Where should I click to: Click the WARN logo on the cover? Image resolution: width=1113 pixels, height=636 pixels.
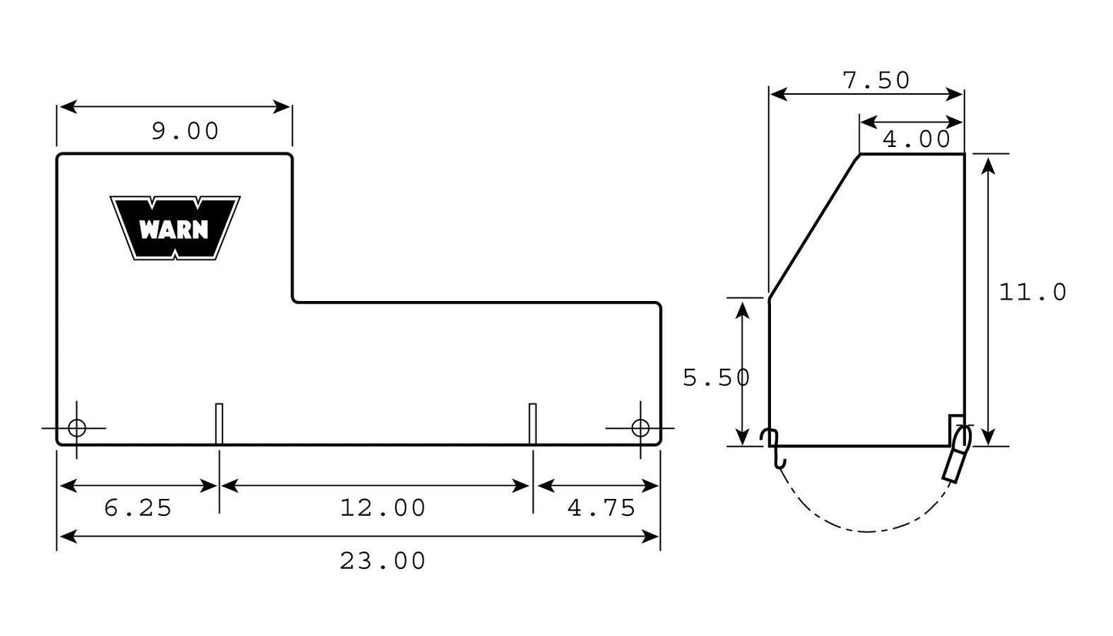click(175, 228)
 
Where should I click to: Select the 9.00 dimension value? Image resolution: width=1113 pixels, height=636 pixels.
click(186, 132)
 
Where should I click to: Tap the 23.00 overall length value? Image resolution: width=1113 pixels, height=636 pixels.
click(383, 561)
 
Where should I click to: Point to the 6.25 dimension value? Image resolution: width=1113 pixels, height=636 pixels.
click(138, 508)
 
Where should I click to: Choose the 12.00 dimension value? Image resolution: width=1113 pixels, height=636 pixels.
click(383, 508)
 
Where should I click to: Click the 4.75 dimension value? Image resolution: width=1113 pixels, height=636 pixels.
click(602, 508)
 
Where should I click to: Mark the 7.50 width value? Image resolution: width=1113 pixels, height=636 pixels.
click(876, 81)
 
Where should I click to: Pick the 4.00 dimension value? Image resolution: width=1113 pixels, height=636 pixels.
click(917, 139)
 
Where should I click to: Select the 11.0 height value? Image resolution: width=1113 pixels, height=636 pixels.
click(1032, 293)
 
